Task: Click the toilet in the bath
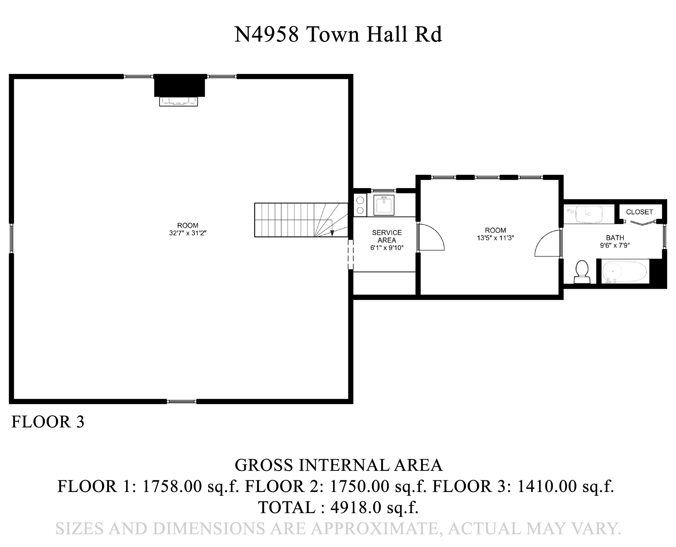pyautogui.click(x=582, y=271)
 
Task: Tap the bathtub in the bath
pyautogui.click(x=624, y=271)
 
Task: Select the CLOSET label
pyautogui.click(x=639, y=212)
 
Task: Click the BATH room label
pyautogui.click(x=615, y=238)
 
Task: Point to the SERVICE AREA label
pyautogui.click(x=387, y=236)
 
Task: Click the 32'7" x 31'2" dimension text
pyautogui.click(x=188, y=233)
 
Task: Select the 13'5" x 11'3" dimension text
pyautogui.click(x=495, y=238)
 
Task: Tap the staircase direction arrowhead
pyautogui.click(x=332, y=233)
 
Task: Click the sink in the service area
pyautogui.click(x=384, y=205)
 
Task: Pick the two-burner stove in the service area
pyautogui.click(x=360, y=205)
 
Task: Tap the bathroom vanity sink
pyautogui.click(x=589, y=214)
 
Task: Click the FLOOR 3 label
pyautogui.click(x=48, y=422)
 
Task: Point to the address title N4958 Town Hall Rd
pyautogui.click(x=338, y=34)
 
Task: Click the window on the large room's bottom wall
pyautogui.click(x=182, y=401)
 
